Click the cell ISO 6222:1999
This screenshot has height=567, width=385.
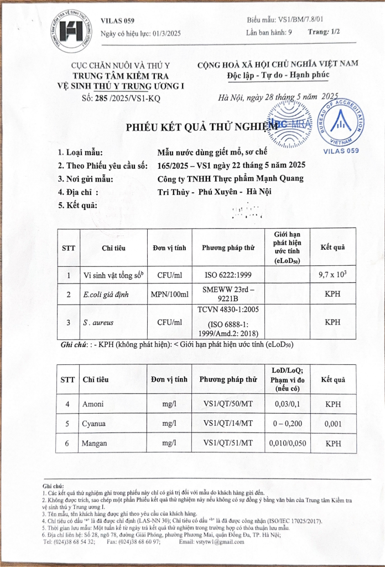(x=228, y=275)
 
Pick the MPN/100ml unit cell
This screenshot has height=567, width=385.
(x=169, y=295)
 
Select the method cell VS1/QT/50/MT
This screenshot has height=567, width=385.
(x=228, y=404)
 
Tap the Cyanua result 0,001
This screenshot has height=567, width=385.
(x=332, y=424)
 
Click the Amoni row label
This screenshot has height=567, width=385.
(x=92, y=404)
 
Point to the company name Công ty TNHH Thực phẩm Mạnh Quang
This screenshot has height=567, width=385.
(x=231, y=178)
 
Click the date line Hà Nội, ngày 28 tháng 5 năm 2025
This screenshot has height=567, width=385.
(x=278, y=97)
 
